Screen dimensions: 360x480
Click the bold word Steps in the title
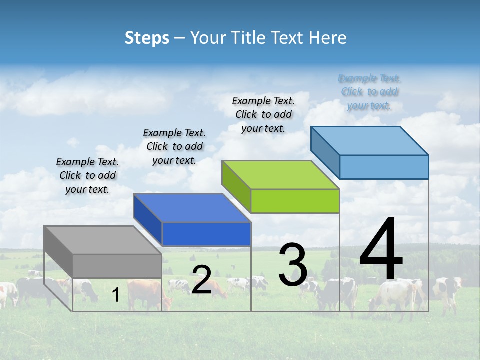pos(147,38)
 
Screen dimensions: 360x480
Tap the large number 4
pos(381,250)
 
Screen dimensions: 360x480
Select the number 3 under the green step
pos(293,265)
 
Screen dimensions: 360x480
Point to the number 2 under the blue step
pos(201,280)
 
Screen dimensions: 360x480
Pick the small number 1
pos(116,295)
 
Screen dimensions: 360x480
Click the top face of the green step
pos(280,175)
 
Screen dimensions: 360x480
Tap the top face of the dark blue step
pos(192,208)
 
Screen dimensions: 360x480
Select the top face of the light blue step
pos(369,140)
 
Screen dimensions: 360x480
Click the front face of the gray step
pos(117,266)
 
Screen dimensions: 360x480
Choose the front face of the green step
pos(295,201)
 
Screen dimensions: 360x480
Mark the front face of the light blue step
pos(384,167)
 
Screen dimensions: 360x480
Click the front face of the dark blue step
pos(206,234)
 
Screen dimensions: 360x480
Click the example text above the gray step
pos(87,175)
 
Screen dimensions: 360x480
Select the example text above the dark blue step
pos(174,146)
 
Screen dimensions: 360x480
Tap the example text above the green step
pos(263,114)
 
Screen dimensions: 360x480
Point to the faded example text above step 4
pos(369,91)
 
